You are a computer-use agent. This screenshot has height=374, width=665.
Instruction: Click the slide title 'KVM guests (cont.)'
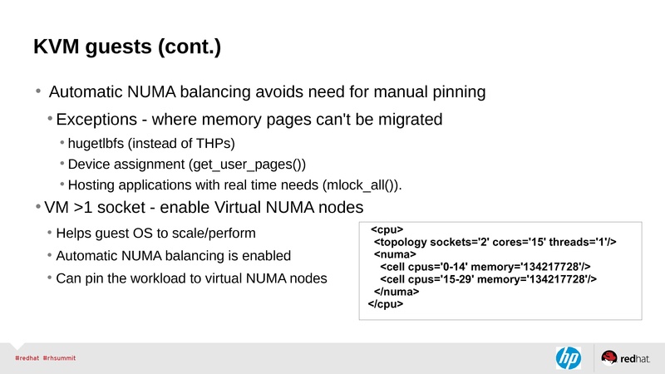coord(127,47)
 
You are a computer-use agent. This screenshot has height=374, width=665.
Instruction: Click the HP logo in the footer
coord(568,357)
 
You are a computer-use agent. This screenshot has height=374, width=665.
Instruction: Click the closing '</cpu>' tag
coord(386,305)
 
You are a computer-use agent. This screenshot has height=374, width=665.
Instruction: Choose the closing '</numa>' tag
coord(397,293)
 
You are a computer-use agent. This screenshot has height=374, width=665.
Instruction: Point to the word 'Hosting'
coord(94,184)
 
